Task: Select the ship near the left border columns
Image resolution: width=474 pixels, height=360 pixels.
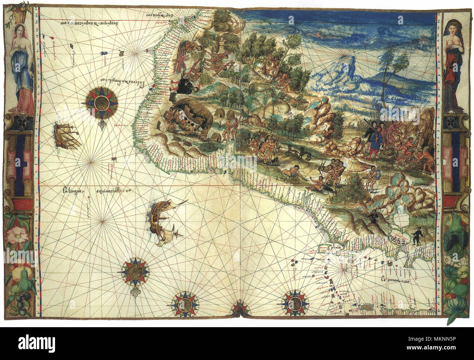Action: pos(67,136)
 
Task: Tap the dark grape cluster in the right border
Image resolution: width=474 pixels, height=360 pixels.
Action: pos(457,240)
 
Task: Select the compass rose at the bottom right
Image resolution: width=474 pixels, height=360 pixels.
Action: pos(295,302)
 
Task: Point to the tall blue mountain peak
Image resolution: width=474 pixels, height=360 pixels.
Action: pos(350,69)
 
